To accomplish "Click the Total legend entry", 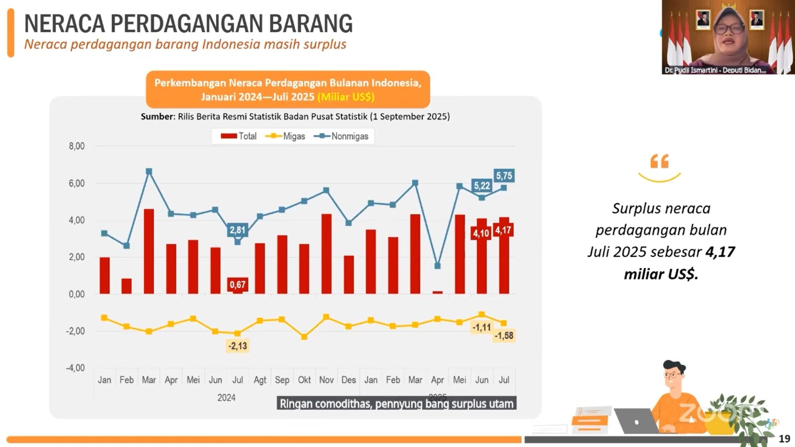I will (x=239, y=136).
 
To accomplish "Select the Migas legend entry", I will (x=286, y=136).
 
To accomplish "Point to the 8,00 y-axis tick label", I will (x=77, y=146).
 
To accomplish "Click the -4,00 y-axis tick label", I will (x=76, y=368).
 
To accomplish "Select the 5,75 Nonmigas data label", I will (x=504, y=176).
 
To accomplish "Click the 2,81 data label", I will (x=238, y=230).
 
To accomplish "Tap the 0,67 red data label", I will (x=238, y=285).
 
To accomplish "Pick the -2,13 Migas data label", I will (x=238, y=346).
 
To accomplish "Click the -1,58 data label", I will (x=504, y=336).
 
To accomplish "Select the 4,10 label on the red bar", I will (x=481, y=233).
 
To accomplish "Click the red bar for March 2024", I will (x=149, y=251).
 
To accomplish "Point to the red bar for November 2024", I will (x=326, y=254).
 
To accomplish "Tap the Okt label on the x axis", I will (x=304, y=380).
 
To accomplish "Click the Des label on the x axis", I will (x=348, y=380).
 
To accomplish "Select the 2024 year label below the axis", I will (x=226, y=398).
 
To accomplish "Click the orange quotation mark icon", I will (x=659, y=161).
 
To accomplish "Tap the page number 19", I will (x=784, y=439).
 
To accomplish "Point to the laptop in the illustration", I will (x=636, y=421).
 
